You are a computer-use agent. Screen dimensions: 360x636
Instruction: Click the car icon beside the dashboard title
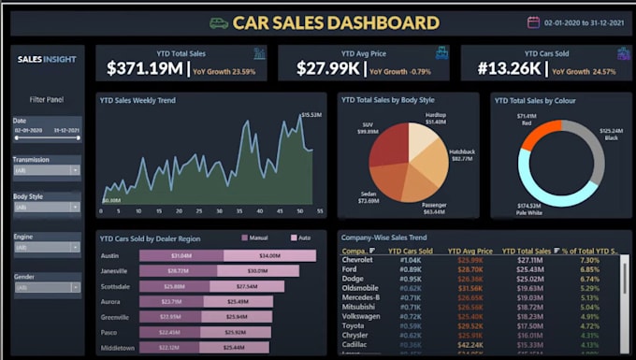[x=219, y=22]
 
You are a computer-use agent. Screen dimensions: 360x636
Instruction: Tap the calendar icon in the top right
[x=534, y=22]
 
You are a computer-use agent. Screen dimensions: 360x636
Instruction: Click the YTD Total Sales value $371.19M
[x=146, y=68]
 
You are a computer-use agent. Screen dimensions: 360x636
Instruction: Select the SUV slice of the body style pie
[x=388, y=145]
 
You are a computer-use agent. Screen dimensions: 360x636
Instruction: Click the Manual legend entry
[x=257, y=238]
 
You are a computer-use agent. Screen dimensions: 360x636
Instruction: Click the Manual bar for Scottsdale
[x=173, y=286]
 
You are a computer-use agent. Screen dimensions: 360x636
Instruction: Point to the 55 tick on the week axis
[x=320, y=211]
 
